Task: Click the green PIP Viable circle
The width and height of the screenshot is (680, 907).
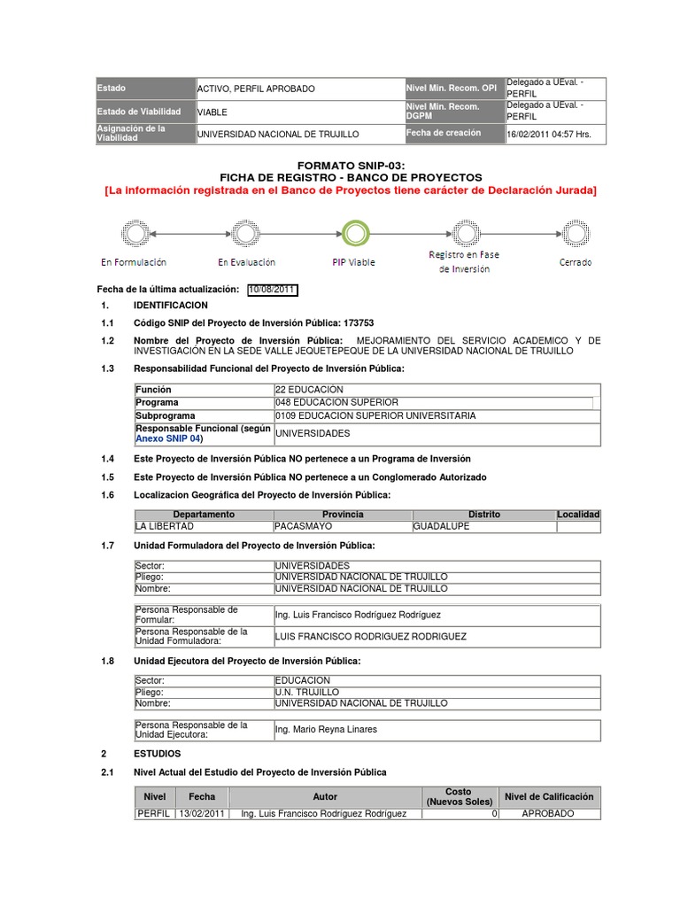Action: [355, 233]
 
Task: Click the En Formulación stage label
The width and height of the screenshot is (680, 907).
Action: [134, 262]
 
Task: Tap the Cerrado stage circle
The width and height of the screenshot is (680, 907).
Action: [576, 233]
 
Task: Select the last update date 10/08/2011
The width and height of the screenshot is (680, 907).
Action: [273, 290]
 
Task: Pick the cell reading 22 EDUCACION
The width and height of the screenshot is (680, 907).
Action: [309, 390]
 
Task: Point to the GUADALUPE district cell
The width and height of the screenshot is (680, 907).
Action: [441, 526]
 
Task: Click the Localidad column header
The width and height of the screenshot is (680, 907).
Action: [578, 515]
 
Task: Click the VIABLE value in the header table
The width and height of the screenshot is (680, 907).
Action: [213, 112]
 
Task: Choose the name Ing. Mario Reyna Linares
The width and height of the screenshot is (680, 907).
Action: [326, 729]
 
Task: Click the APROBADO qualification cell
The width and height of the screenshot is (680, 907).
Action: [548, 814]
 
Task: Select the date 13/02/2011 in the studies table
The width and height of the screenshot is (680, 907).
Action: [202, 814]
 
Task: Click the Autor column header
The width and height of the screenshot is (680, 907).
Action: [325, 797]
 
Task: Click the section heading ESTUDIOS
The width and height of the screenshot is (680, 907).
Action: [158, 754]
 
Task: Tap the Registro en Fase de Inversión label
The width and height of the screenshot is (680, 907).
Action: [464, 261]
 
